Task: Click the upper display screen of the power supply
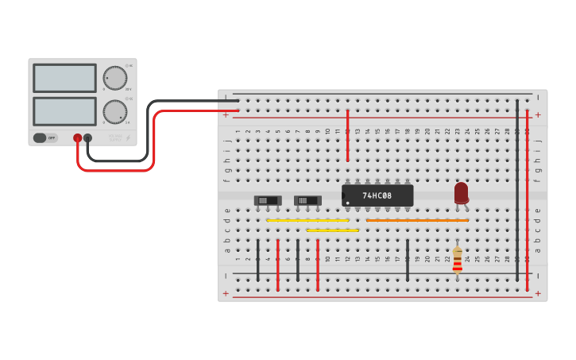click(x=64, y=78)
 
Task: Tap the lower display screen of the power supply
click(x=64, y=111)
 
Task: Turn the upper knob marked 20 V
click(x=115, y=78)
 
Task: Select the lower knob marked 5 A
click(x=115, y=112)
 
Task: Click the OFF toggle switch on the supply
click(x=45, y=137)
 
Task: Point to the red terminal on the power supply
click(x=77, y=137)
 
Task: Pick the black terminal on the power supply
click(x=87, y=137)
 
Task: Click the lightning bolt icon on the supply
click(x=128, y=138)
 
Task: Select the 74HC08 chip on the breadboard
click(x=377, y=195)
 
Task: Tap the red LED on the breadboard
click(x=462, y=192)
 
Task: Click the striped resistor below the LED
click(x=457, y=260)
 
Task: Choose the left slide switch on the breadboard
click(x=267, y=200)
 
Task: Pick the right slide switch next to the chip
click(x=307, y=200)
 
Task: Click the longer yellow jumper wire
click(x=307, y=220)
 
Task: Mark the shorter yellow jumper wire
click(x=332, y=230)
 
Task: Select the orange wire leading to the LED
click(x=417, y=220)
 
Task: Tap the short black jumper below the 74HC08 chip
click(x=408, y=260)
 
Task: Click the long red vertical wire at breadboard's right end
click(x=527, y=199)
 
